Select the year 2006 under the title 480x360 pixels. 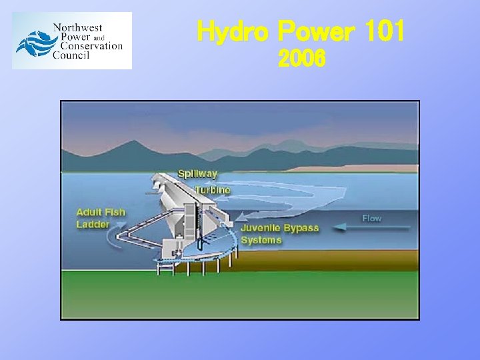coord(301,61)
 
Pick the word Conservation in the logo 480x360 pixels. coord(91,47)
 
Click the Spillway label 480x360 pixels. coord(197,173)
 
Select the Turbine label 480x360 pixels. coord(213,190)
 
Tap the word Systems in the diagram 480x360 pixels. coord(261,239)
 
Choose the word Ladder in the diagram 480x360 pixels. coord(93,224)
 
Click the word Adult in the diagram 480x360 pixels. coord(89,212)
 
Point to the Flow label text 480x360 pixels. coord(372,218)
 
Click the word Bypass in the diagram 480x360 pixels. coord(301,228)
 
